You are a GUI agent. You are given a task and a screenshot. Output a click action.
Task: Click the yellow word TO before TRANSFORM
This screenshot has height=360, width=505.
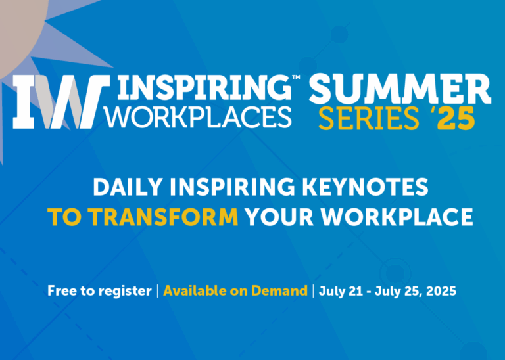pos(64,217)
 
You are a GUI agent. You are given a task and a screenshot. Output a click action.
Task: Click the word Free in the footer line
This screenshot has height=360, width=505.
pos(61,290)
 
